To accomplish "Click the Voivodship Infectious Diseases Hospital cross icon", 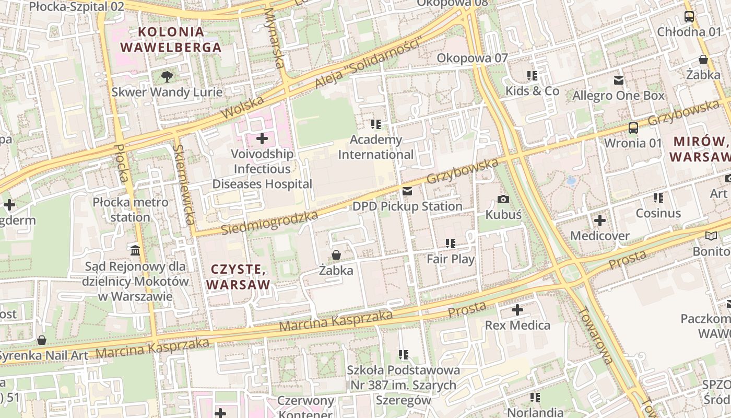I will point(262,138).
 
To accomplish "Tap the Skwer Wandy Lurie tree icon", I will point(167,76).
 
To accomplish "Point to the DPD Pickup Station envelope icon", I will point(407,191).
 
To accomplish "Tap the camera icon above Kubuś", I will point(503,199).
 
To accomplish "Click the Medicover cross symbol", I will point(600,220).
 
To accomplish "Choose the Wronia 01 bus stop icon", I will point(633,127).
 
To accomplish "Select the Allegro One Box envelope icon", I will point(619,80).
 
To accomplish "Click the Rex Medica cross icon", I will point(517,310).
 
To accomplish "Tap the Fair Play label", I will point(451,259).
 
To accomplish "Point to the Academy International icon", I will point(376,124).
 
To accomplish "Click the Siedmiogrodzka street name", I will point(269,223).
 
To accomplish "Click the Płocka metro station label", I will point(131,210).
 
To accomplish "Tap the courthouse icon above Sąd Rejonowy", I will point(136,251).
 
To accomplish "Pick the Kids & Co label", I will point(532,91).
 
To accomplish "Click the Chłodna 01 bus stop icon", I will point(689,17).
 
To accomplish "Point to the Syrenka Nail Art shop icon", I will point(42,341).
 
